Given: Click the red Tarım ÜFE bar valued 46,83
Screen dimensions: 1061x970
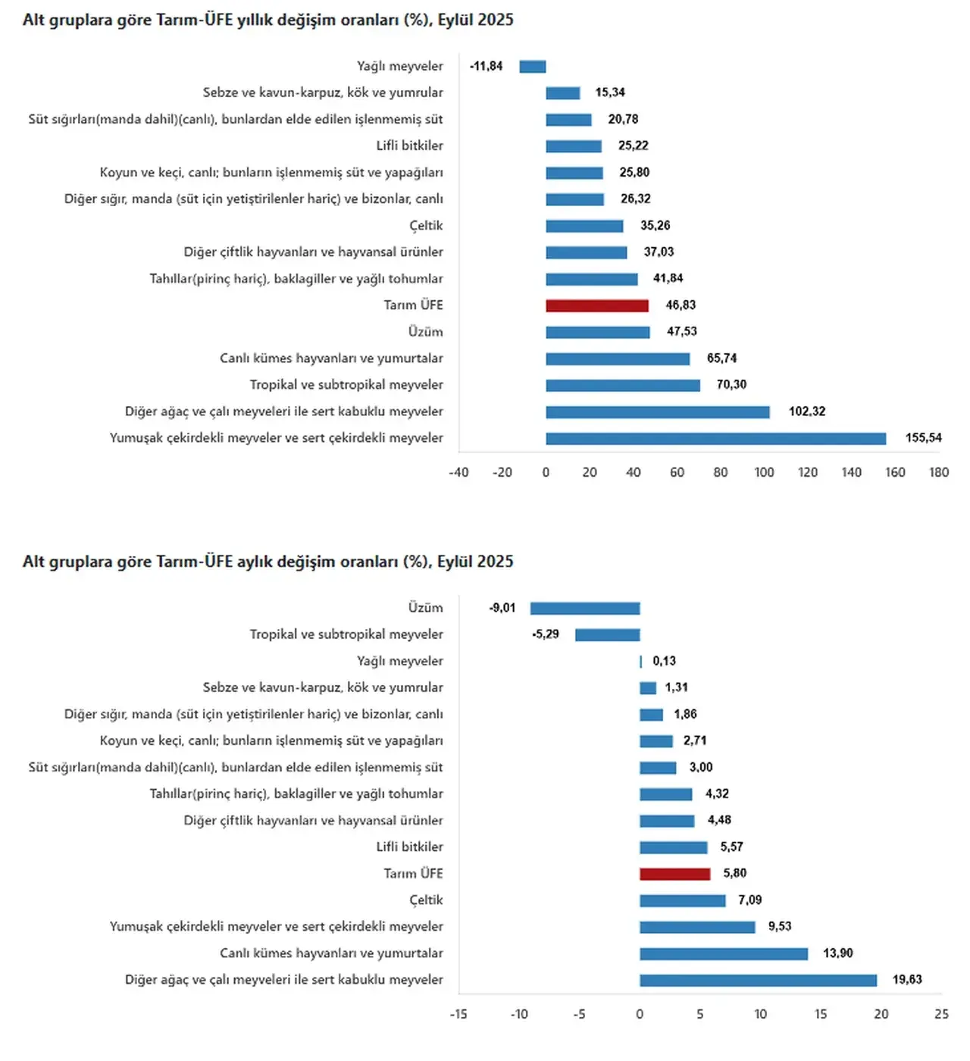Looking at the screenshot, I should [597, 305].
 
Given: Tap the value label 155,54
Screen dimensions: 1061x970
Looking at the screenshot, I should [923, 438].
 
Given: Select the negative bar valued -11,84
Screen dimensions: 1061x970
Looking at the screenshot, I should [533, 67].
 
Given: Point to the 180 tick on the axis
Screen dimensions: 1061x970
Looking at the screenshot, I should [939, 472].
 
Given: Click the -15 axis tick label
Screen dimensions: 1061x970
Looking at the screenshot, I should [458, 1014].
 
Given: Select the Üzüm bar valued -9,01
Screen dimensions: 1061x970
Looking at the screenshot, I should [585, 609].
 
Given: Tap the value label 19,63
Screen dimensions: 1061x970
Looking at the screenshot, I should [907, 980].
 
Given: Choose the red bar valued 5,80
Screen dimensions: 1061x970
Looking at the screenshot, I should [675, 874].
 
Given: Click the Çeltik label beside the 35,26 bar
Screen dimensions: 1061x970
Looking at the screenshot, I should [426, 226].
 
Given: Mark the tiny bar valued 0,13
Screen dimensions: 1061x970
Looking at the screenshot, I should [641, 662].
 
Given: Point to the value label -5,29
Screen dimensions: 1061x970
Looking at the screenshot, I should [546, 634].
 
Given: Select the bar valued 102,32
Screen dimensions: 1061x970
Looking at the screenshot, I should [658, 412].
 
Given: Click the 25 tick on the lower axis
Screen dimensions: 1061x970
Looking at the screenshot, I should [941, 1014].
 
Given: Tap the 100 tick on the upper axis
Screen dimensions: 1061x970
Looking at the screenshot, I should [764, 472].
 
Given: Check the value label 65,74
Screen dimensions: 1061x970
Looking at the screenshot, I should [721, 358].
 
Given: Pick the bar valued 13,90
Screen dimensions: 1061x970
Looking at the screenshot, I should [724, 953].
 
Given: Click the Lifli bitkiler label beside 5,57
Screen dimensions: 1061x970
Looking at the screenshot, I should [409, 847].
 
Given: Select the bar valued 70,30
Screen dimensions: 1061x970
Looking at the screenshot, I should [623, 385].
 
